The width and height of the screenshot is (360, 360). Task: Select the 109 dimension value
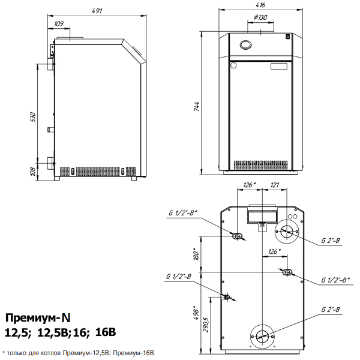pos(59,24)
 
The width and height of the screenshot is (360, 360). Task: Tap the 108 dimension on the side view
pos(34,172)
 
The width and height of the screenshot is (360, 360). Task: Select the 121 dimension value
pos(274,185)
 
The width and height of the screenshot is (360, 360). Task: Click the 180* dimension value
pos(194,254)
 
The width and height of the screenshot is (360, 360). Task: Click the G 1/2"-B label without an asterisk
pos(179,277)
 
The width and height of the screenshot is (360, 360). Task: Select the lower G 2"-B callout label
pos(331,310)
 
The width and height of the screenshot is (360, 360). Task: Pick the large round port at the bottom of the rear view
pos(262,336)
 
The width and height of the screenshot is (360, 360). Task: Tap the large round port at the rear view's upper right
pos(287,230)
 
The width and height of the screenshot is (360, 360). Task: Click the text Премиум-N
pos(38,317)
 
